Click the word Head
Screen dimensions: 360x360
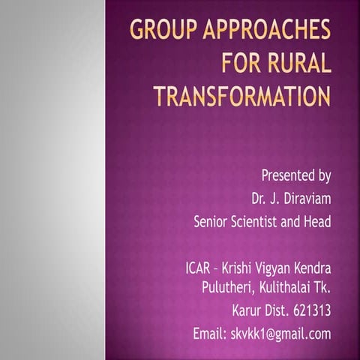(316, 223)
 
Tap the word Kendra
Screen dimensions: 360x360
(314, 268)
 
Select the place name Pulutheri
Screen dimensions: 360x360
(229, 287)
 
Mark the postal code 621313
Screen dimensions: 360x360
(309, 310)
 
